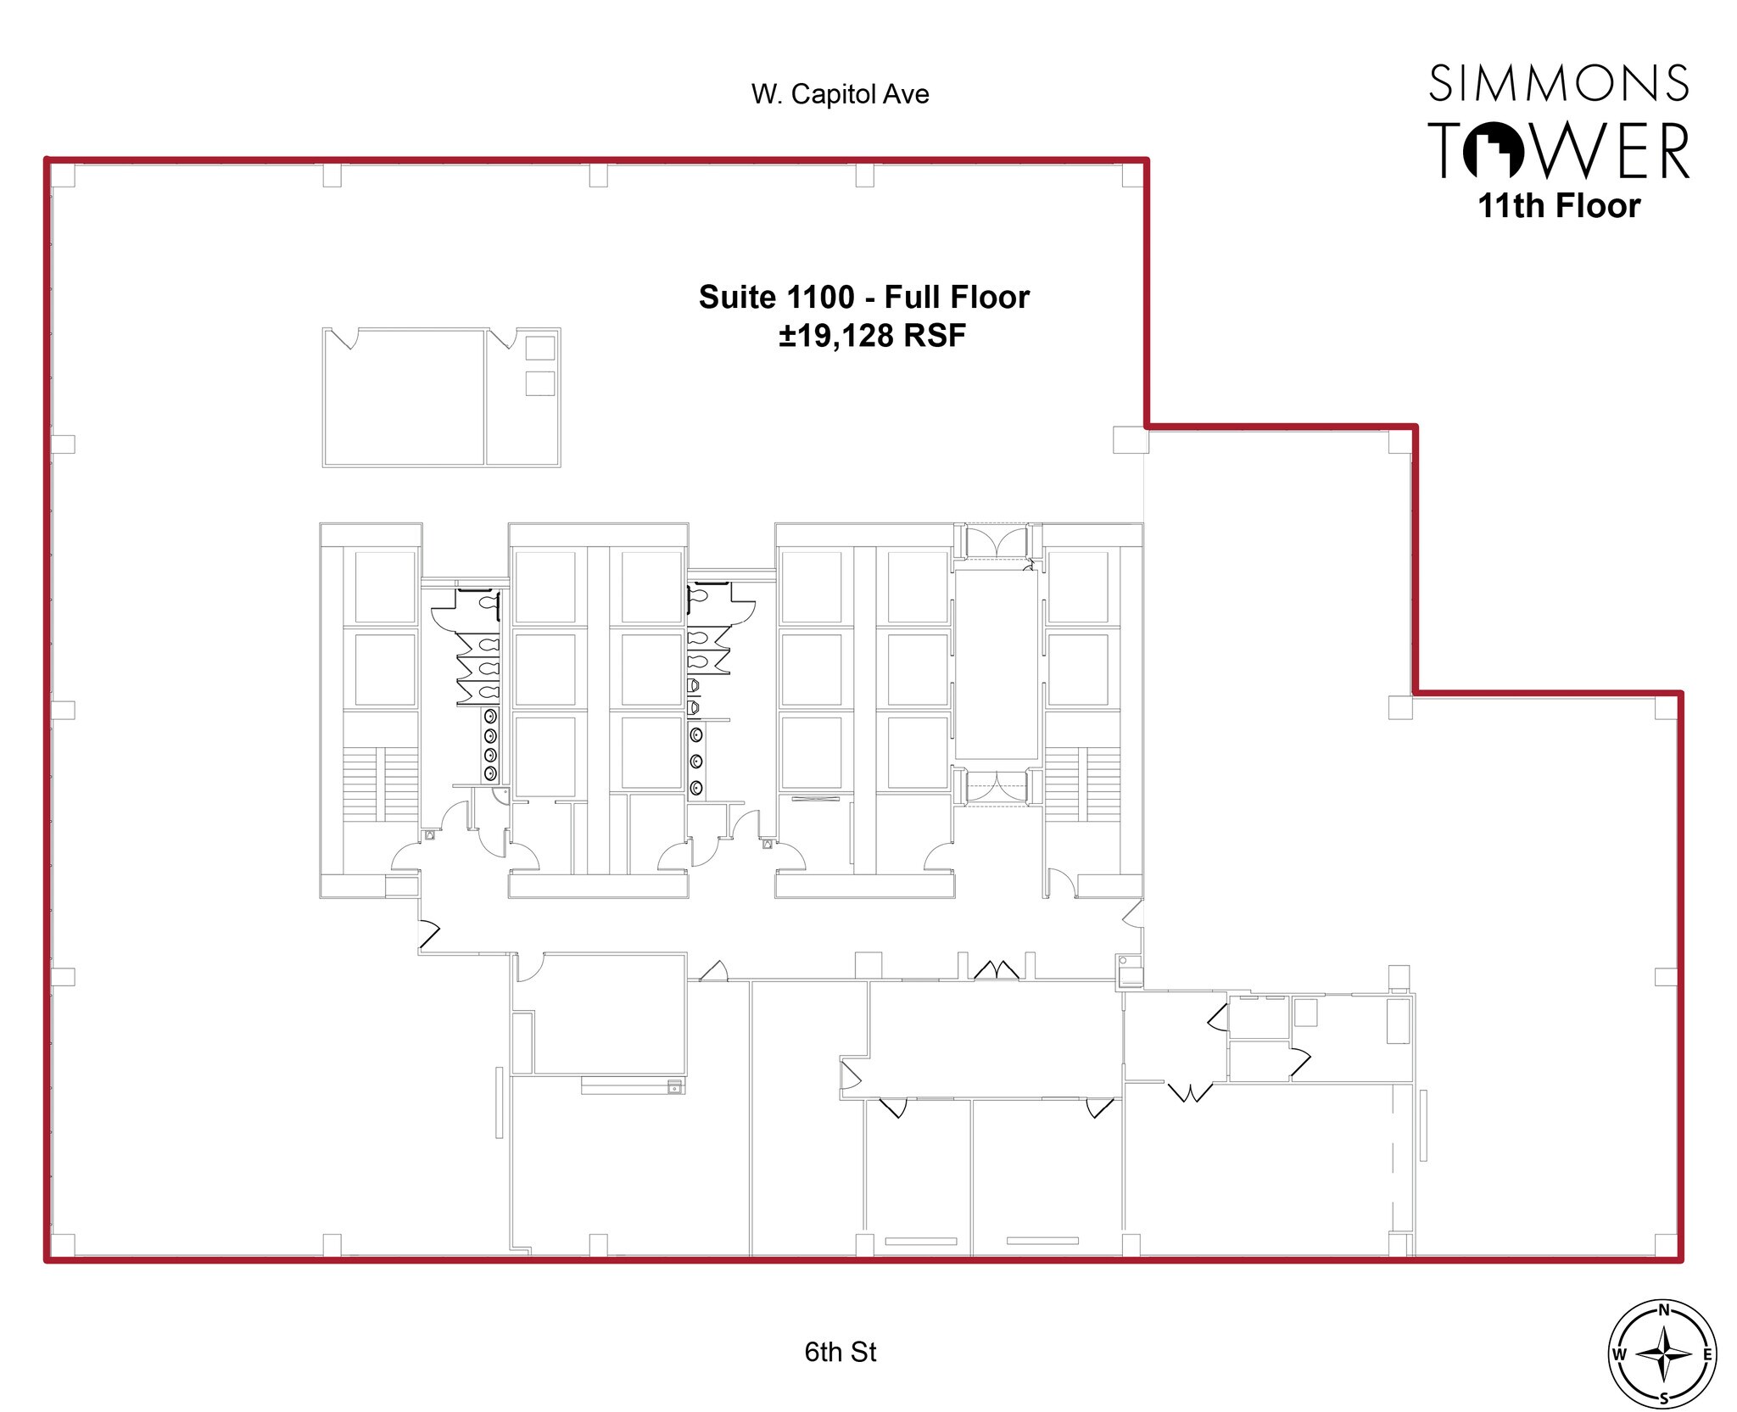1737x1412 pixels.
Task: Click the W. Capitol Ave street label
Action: click(x=840, y=94)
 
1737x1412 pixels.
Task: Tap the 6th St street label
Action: click(x=840, y=1351)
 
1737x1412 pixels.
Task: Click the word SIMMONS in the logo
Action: click(x=1559, y=83)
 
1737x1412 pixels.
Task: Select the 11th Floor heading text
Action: click(x=1559, y=206)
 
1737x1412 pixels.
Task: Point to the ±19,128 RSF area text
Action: click(x=872, y=336)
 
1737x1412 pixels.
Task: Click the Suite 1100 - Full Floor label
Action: click(x=863, y=297)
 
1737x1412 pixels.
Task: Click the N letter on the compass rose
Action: click(x=1663, y=1309)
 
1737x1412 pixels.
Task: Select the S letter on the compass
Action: click(x=1663, y=1398)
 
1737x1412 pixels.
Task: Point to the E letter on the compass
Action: click(x=1706, y=1354)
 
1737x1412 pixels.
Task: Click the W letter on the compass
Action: click(x=1619, y=1354)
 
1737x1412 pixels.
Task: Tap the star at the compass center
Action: click(x=1663, y=1354)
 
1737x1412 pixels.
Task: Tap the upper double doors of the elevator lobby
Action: click(x=997, y=543)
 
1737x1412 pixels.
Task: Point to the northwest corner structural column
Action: click(x=64, y=176)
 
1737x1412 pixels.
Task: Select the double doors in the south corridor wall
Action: click(x=997, y=969)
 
